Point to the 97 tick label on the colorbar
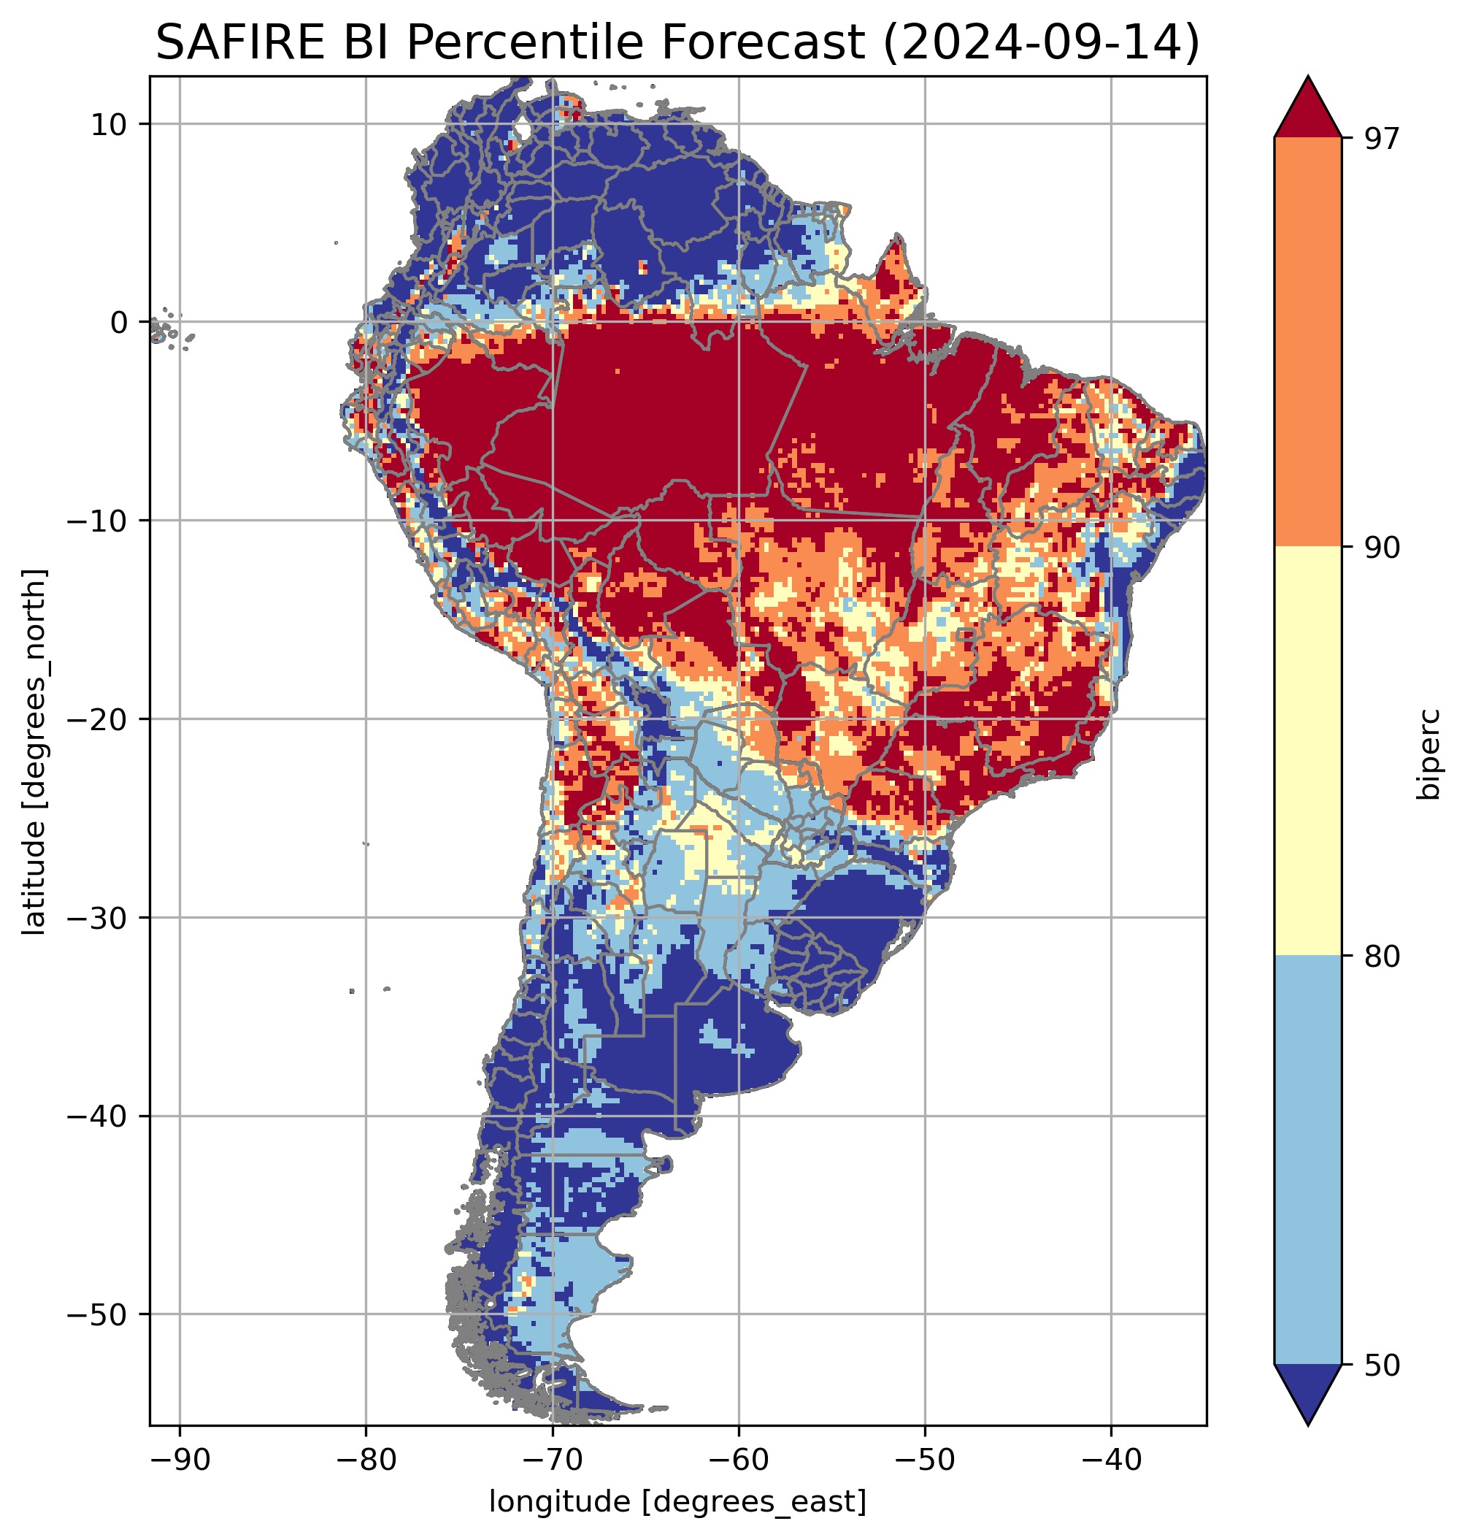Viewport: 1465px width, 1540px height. tap(1382, 138)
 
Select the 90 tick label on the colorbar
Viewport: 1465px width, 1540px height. tap(1382, 548)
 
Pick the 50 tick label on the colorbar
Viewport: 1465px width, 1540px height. tap(1382, 1365)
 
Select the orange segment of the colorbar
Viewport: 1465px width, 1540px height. tap(1307, 342)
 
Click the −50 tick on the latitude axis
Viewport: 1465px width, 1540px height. tap(99, 1315)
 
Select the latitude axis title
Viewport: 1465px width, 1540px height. tap(34, 752)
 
